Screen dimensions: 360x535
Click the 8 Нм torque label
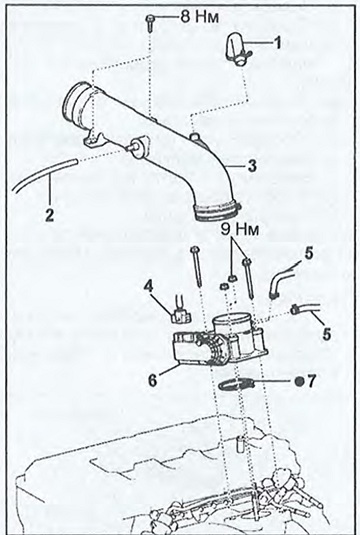pos(200,16)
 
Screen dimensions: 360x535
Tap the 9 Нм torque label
pos(240,229)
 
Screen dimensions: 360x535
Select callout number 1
pos(278,43)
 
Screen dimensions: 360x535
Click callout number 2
pos(50,215)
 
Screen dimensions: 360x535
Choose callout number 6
pos(153,380)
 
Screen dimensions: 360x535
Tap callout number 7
pos(312,381)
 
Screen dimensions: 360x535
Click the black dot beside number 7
pos(300,381)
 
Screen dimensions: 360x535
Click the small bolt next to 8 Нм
pos(150,23)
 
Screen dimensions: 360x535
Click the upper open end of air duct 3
pos(77,103)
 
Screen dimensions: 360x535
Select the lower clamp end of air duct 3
pos(218,213)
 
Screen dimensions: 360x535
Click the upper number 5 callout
pos(308,254)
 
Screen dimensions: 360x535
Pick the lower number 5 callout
pos(327,334)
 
